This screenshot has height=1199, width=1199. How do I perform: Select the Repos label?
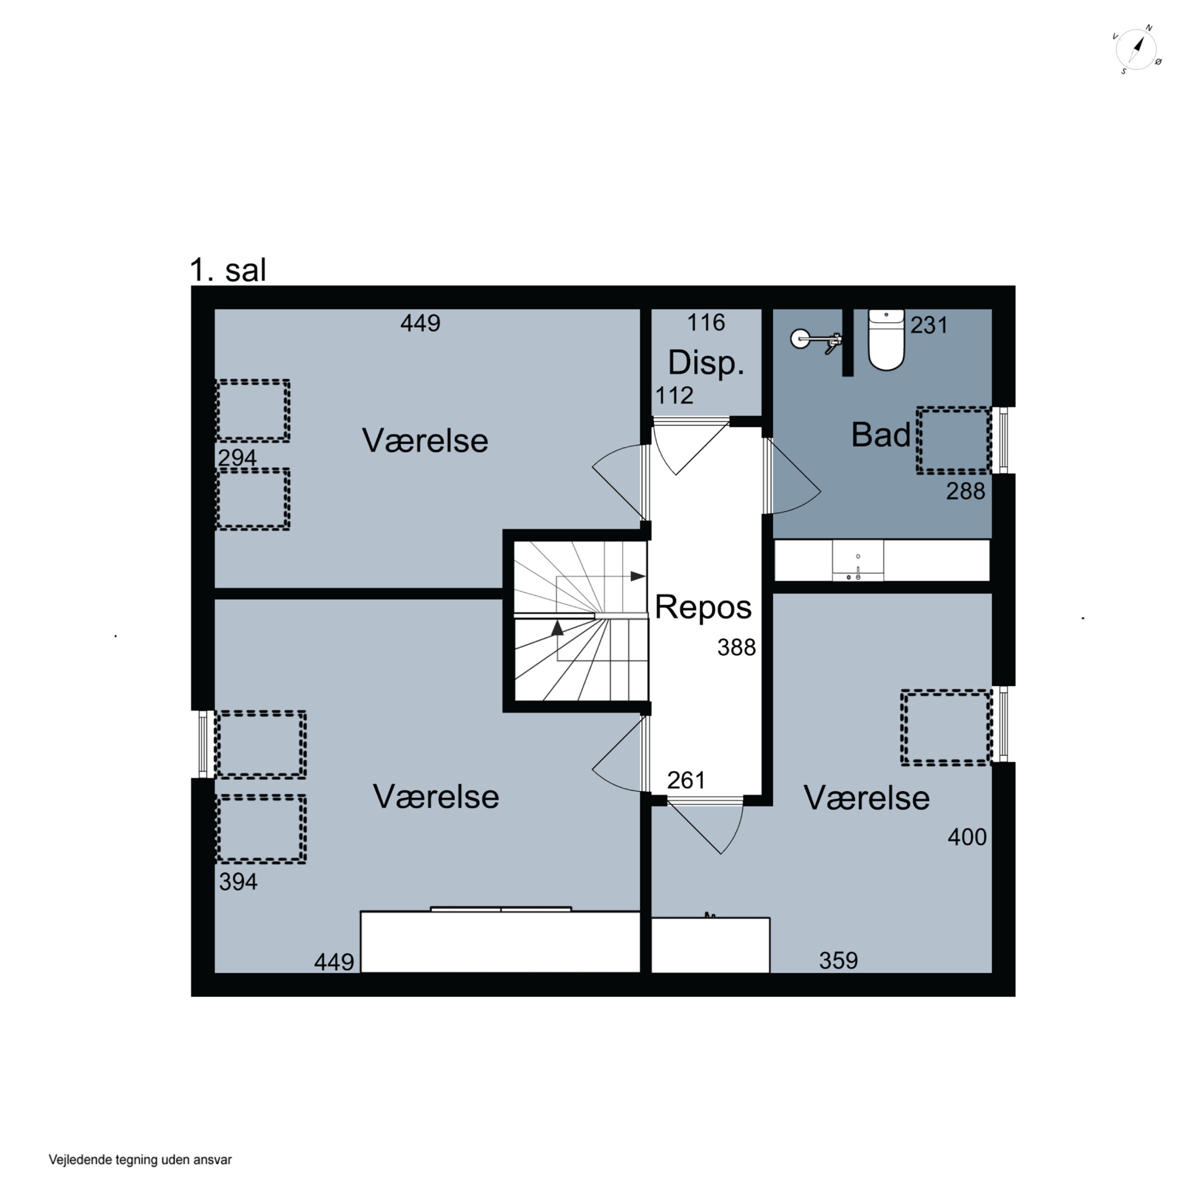pyautogui.click(x=703, y=607)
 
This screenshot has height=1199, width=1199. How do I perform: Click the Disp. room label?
pyautogui.click(x=706, y=363)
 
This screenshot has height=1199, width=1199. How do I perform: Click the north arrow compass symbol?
pyautogui.click(x=1137, y=50)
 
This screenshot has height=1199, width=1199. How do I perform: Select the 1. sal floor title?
pyautogui.click(x=228, y=271)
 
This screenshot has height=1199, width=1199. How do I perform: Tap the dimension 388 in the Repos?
pyautogui.click(x=737, y=648)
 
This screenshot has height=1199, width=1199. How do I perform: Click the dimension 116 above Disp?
pyautogui.click(x=706, y=323)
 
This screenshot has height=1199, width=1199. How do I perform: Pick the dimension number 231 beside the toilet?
pyautogui.click(x=929, y=325)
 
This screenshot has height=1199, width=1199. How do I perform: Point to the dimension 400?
pyautogui.click(x=967, y=837)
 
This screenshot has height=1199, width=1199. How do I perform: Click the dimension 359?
pyautogui.click(x=839, y=961)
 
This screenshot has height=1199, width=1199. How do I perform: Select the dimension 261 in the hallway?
pyautogui.click(x=686, y=781)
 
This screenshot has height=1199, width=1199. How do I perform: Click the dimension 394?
pyautogui.click(x=238, y=882)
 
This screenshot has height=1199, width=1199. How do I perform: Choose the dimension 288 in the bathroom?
pyautogui.click(x=966, y=492)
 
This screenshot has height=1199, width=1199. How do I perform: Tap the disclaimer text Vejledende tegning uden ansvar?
pyautogui.click(x=140, y=1159)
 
